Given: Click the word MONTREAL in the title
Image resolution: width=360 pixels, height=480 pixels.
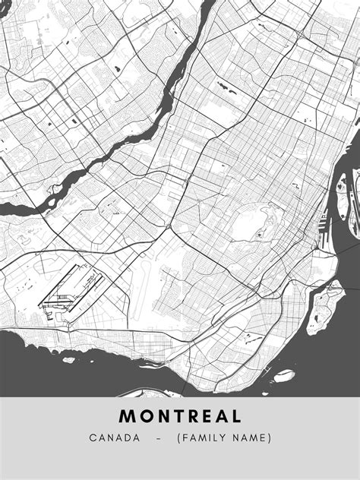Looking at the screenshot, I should click(180, 416).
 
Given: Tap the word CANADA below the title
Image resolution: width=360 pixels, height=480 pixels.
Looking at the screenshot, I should click(114, 438).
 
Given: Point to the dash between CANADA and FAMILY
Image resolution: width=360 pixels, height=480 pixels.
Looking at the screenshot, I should click(158, 438).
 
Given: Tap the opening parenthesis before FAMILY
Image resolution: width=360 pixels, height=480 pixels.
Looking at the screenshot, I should click(179, 438).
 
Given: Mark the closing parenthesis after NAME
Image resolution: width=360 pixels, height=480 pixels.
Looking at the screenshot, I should click(270, 438).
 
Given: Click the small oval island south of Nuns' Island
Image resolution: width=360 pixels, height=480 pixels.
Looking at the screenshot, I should click(283, 374).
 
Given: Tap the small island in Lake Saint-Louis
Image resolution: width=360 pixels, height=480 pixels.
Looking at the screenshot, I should click(69, 359).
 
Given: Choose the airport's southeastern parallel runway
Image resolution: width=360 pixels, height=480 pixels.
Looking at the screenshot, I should click(84, 292).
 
